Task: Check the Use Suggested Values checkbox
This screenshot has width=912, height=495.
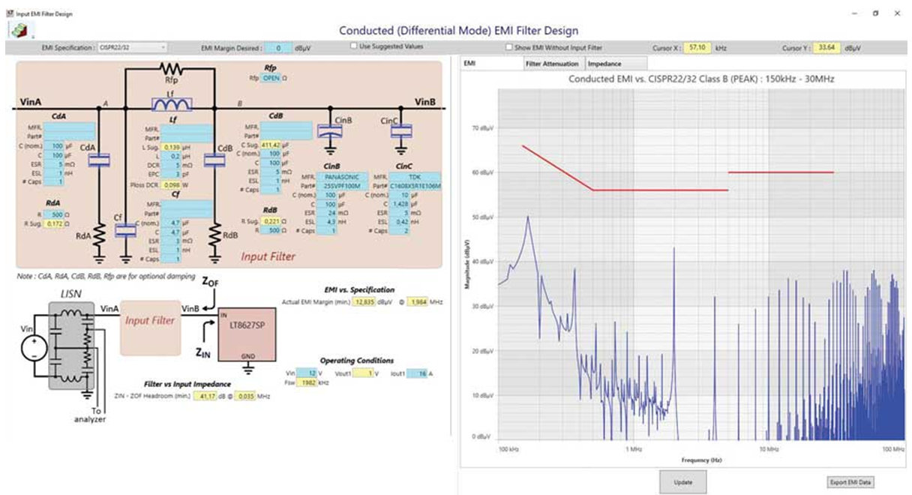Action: point(354,46)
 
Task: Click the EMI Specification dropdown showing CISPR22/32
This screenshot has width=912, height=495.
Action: point(131,47)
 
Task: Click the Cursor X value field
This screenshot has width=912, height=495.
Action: point(697,47)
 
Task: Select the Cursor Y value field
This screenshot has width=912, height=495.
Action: point(828,47)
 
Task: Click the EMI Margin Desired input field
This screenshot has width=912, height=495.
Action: point(277,48)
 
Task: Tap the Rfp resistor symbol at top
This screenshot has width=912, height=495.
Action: point(172,68)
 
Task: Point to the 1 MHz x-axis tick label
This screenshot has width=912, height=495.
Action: point(634,449)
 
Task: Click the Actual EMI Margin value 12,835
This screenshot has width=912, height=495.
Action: point(364,301)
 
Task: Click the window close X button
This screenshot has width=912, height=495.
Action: point(897,13)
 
